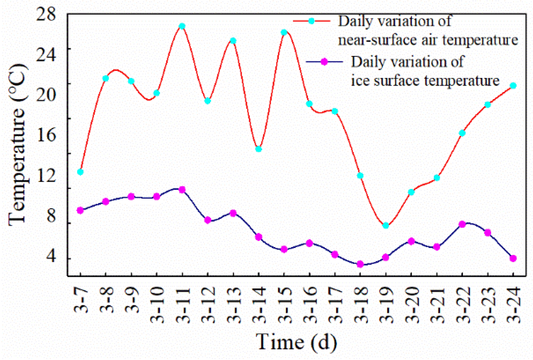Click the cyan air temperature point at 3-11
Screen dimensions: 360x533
coord(182,26)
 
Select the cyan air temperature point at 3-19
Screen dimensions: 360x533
coord(386,226)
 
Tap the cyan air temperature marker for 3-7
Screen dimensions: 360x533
coord(80,172)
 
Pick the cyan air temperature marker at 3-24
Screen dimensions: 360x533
coord(513,86)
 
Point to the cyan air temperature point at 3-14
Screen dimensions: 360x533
coord(259,149)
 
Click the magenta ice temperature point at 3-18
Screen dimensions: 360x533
coord(360,264)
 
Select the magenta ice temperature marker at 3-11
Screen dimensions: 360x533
coord(182,190)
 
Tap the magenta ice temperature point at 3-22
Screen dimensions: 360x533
coord(462,224)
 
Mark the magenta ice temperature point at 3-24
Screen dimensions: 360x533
coord(513,258)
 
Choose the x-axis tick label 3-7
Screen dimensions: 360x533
coord(80,300)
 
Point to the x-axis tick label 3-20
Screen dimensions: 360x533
coord(411,305)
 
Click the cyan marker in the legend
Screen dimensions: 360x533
coord(312,21)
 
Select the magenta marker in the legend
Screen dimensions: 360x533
coord(324,62)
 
